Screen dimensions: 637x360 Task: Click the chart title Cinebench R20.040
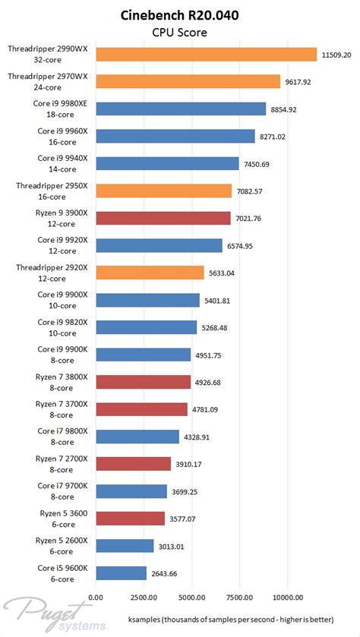[180, 15]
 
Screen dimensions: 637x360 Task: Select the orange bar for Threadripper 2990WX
[205, 54]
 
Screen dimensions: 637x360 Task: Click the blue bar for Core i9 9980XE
[180, 109]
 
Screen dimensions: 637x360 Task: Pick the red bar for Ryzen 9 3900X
[163, 218]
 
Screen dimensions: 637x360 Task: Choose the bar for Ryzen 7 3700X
[141, 409]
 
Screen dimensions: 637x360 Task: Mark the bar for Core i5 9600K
[121, 573]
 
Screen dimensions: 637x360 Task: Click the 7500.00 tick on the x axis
[240, 596]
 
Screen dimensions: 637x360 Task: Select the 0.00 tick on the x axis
[96, 596]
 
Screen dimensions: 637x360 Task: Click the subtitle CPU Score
[180, 32]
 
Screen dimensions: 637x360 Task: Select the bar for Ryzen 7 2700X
[133, 464]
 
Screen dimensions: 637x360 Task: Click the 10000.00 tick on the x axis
[288, 596]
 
